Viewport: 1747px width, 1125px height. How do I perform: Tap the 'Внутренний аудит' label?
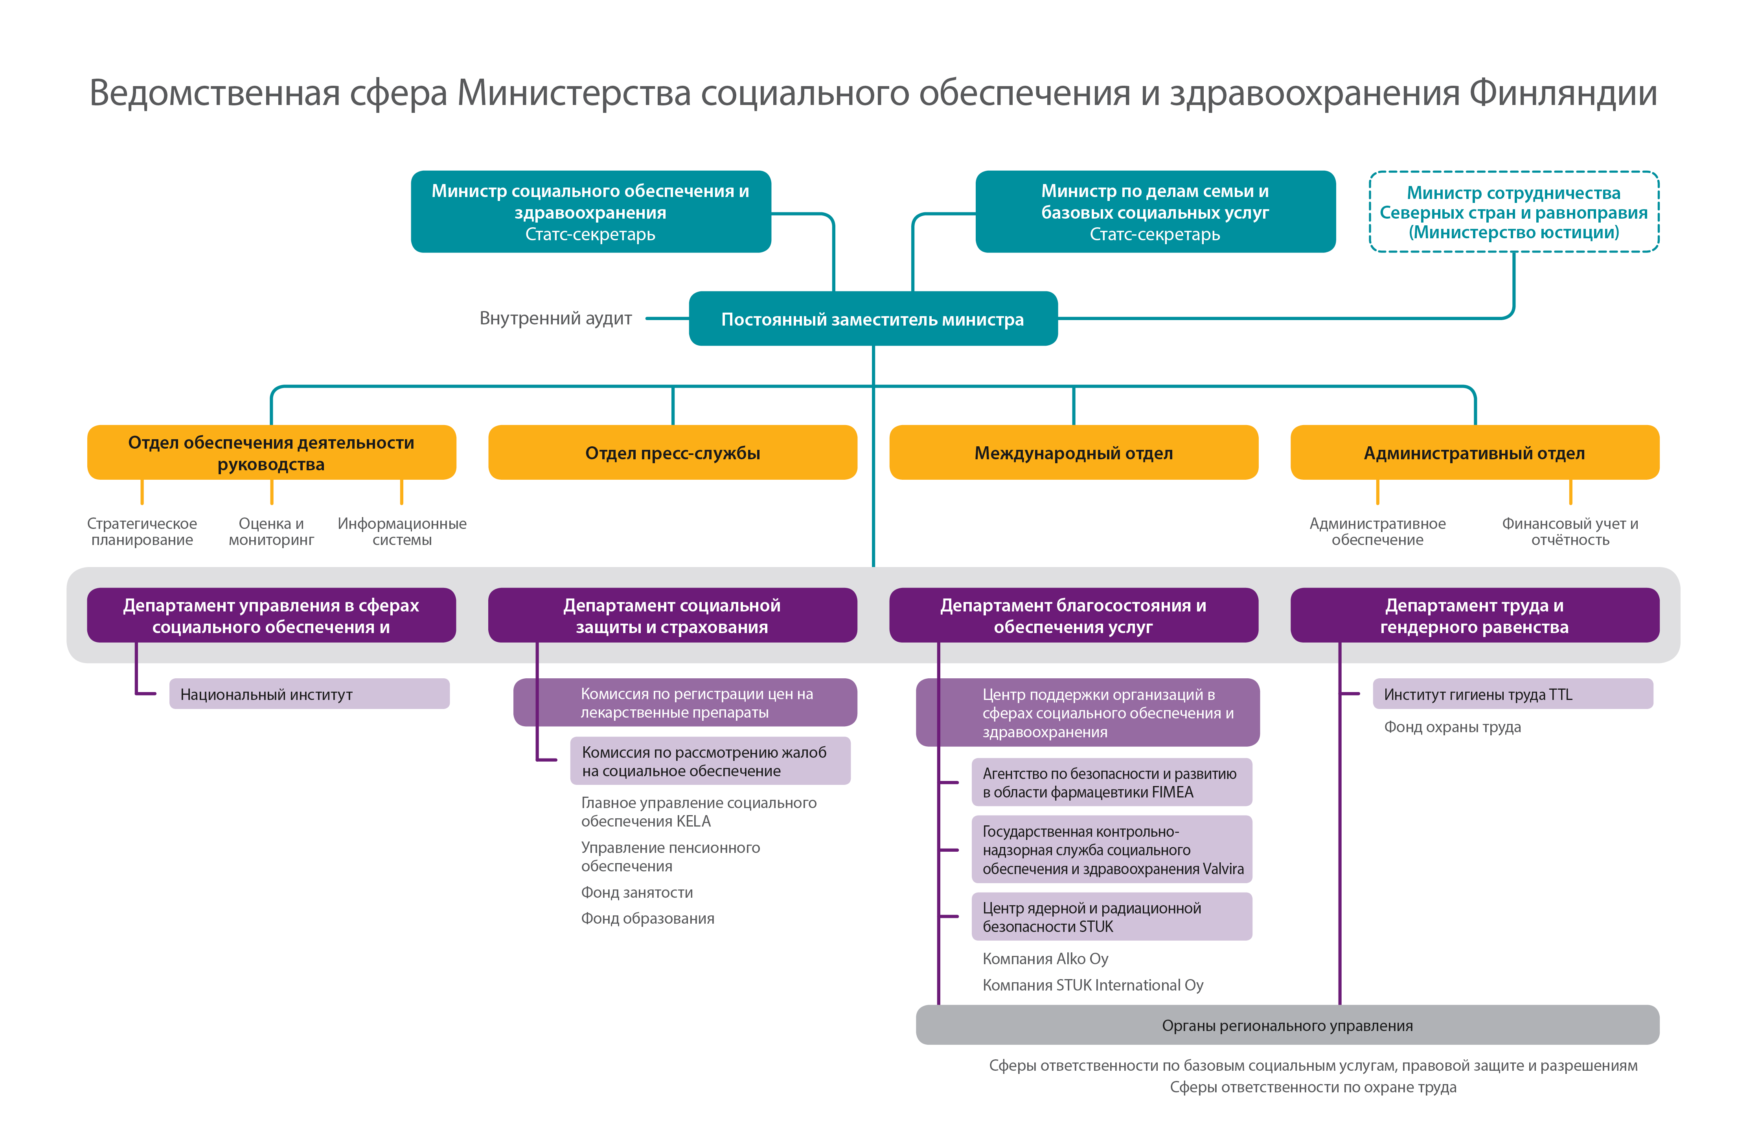click(x=555, y=319)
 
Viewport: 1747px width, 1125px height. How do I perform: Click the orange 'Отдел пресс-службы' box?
click(x=672, y=453)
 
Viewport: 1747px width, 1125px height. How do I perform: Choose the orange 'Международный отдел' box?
click(x=1073, y=453)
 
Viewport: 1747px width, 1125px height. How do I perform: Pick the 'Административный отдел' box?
click(x=1474, y=453)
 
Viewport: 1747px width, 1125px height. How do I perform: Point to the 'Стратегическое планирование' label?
click(x=142, y=532)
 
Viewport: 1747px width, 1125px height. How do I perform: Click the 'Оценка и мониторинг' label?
click(x=271, y=532)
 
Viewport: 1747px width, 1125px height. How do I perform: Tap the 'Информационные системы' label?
click(x=402, y=532)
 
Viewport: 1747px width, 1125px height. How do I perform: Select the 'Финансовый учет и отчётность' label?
click(x=1570, y=532)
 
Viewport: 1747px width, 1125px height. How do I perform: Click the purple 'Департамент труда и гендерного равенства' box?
click(x=1474, y=616)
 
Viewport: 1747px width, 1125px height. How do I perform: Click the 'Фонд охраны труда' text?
click(x=1452, y=727)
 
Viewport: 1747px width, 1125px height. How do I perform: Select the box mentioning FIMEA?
click(x=1111, y=783)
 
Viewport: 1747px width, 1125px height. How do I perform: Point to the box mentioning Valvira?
click(x=1111, y=850)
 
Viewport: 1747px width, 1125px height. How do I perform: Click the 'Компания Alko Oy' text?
click(x=1045, y=958)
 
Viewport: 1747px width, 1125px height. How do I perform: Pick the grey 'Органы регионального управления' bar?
click(x=1287, y=1025)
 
